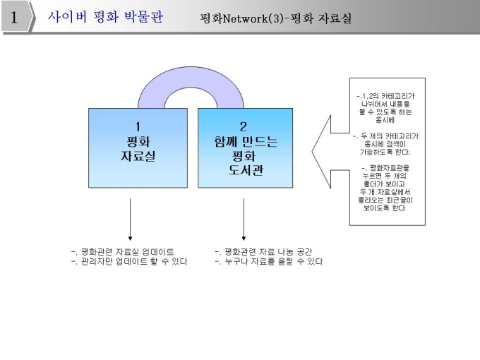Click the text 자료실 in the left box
click(x=129, y=155)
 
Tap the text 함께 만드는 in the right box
click(x=244, y=141)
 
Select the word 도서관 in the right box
click(x=244, y=169)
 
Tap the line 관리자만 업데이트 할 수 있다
click(x=130, y=261)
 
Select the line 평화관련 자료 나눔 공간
click(x=263, y=251)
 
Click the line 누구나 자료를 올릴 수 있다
click(x=268, y=261)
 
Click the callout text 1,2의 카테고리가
click(x=387, y=96)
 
